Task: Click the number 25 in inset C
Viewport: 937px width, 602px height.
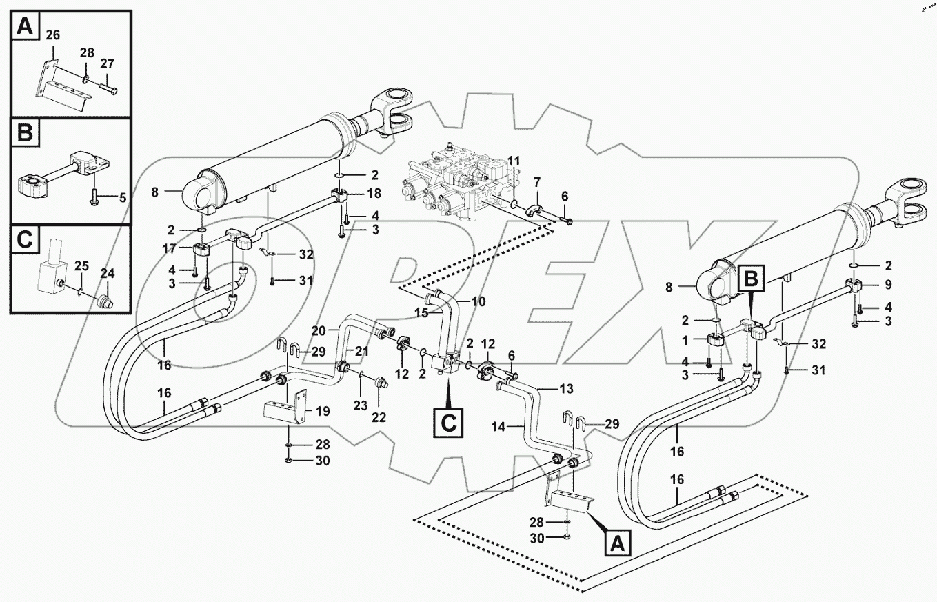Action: [x=81, y=265]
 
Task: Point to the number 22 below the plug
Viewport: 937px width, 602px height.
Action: [x=379, y=417]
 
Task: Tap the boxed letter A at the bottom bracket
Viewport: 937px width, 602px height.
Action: [x=618, y=544]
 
